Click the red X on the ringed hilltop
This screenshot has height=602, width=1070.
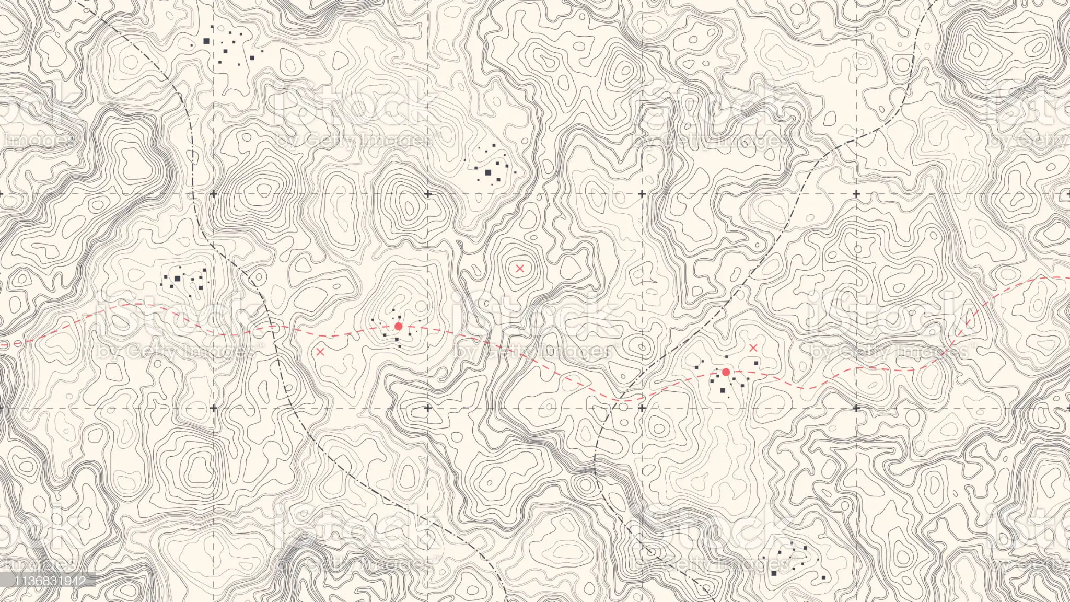519,269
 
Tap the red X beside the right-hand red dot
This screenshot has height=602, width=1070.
753,348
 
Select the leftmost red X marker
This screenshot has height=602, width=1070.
320,352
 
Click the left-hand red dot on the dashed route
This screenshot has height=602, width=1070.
398,326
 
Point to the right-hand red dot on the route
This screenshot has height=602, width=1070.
726,372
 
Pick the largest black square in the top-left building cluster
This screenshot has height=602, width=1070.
206,41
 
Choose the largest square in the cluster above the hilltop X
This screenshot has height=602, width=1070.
489,172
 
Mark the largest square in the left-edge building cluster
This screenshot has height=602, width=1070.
177,278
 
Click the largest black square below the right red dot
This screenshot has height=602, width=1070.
723,390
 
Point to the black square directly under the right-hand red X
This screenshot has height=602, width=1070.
755,363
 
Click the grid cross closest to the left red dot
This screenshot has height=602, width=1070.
428,408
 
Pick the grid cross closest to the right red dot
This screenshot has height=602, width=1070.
642,408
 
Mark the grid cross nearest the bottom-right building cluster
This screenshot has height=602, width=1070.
856,408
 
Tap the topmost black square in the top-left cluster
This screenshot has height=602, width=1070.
212,26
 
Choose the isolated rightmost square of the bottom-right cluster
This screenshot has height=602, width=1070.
824,577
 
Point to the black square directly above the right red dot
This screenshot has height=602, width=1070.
727,357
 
